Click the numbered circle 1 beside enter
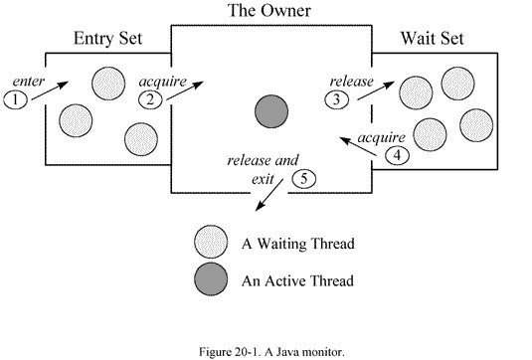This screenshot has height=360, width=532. [15, 99]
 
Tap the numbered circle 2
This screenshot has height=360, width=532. [150, 99]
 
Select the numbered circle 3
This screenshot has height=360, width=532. [336, 99]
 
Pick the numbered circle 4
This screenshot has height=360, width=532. [398, 156]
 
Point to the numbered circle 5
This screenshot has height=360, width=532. [304, 179]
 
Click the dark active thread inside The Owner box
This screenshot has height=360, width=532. [271, 111]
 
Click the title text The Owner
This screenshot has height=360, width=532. [269, 10]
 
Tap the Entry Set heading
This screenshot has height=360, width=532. [108, 38]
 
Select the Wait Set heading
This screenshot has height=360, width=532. [432, 38]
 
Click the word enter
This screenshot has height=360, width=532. [29, 82]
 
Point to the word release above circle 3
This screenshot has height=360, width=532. [351, 82]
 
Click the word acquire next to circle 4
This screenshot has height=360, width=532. [382, 137]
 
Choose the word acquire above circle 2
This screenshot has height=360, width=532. [163, 82]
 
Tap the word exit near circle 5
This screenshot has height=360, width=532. [263, 179]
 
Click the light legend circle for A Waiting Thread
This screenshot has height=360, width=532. [211, 243]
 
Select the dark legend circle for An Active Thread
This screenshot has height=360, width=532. [211, 278]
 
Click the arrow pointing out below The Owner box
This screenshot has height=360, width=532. [268, 195]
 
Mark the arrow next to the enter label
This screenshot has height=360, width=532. [50, 90]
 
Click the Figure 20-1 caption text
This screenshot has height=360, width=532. [271, 351]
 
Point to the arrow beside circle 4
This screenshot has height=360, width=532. [359, 146]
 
